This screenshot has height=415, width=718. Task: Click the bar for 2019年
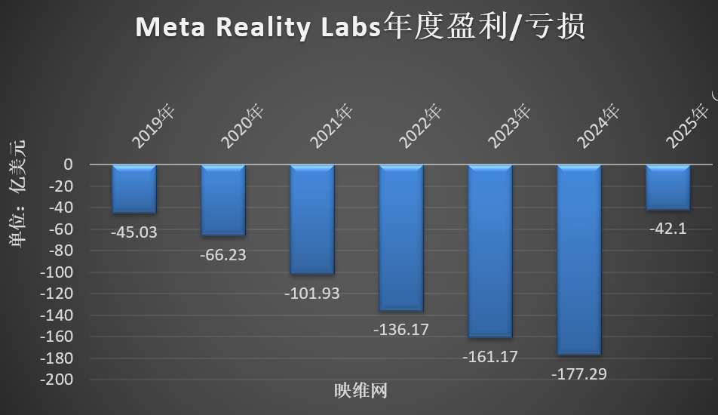[134, 189]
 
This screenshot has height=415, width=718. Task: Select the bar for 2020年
[223, 200]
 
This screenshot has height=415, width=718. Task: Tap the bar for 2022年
[401, 238]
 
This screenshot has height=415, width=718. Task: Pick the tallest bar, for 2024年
[579, 260]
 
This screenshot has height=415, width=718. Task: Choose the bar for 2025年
[668, 187]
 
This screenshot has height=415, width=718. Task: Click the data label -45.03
[134, 232]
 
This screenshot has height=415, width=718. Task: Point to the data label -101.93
[312, 294]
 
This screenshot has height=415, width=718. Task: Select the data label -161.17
[490, 356]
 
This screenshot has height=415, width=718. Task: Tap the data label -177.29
[579, 373]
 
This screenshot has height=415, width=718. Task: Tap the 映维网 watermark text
[361, 392]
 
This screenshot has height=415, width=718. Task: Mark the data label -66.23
[223, 255]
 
